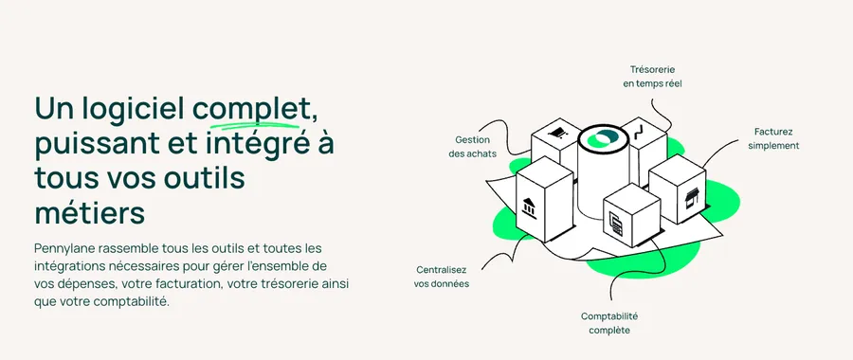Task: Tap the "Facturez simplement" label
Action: pos(773,138)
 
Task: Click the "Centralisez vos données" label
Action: pos(442,276)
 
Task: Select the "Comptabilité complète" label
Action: pos(609,322)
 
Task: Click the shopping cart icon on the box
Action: pos(559,135)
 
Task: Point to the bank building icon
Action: pos(529,207)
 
